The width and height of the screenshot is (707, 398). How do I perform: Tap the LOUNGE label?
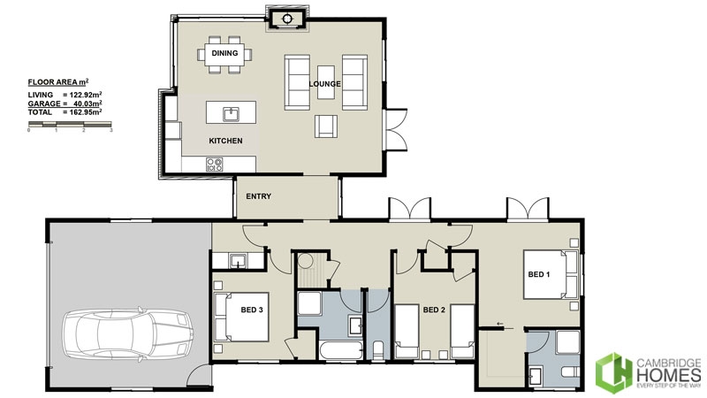[x=325, y=84]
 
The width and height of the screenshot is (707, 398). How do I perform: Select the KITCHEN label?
[x=225, y=141]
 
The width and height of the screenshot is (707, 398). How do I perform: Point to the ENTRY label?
[x=258, y=196]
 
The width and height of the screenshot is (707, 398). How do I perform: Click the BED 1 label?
[x=539, y=274]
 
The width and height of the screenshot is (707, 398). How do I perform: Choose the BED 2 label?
[x=433, y=310]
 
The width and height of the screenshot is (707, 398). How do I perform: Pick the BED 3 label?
[x=252, y=310]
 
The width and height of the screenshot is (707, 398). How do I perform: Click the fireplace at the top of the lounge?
[x=287, y=18]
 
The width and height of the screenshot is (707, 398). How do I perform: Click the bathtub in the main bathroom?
[x=338, y=350]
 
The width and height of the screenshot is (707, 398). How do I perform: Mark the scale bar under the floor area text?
[x=70, y=126]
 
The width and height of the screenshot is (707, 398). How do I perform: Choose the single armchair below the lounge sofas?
[x=325, y=126]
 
